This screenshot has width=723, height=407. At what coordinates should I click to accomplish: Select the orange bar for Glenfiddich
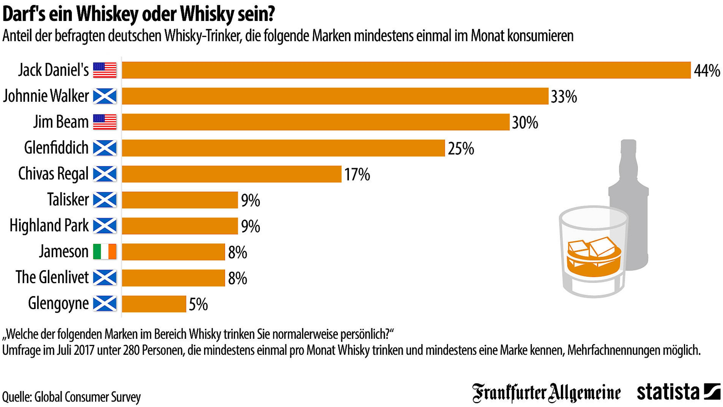point(283,148)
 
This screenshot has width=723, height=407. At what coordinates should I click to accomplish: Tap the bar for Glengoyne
point(154,304)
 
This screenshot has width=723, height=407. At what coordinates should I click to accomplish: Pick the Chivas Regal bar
point(231,174)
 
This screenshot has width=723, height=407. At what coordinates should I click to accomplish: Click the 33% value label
point(564,97)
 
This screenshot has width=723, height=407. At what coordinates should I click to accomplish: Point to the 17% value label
point(357,174)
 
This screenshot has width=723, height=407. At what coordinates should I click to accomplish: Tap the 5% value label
point(198,304)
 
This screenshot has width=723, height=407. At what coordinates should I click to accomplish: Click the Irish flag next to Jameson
point(105,251)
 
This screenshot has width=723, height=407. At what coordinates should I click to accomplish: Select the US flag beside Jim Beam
point(105,122)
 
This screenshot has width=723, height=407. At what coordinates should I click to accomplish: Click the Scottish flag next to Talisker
point(105,200)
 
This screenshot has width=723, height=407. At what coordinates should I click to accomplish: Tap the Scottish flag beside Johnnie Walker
point(105,96)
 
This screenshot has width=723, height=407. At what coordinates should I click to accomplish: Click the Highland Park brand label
point(49,226)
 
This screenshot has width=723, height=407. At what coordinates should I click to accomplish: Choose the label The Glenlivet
point(52,277)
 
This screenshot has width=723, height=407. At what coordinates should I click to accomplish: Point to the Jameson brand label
point(64,251)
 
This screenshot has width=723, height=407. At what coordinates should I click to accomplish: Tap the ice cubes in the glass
point(592,248)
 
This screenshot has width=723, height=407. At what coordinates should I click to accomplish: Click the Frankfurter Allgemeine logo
point(546,393)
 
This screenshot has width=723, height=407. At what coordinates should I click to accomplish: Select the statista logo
point(678,392)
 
